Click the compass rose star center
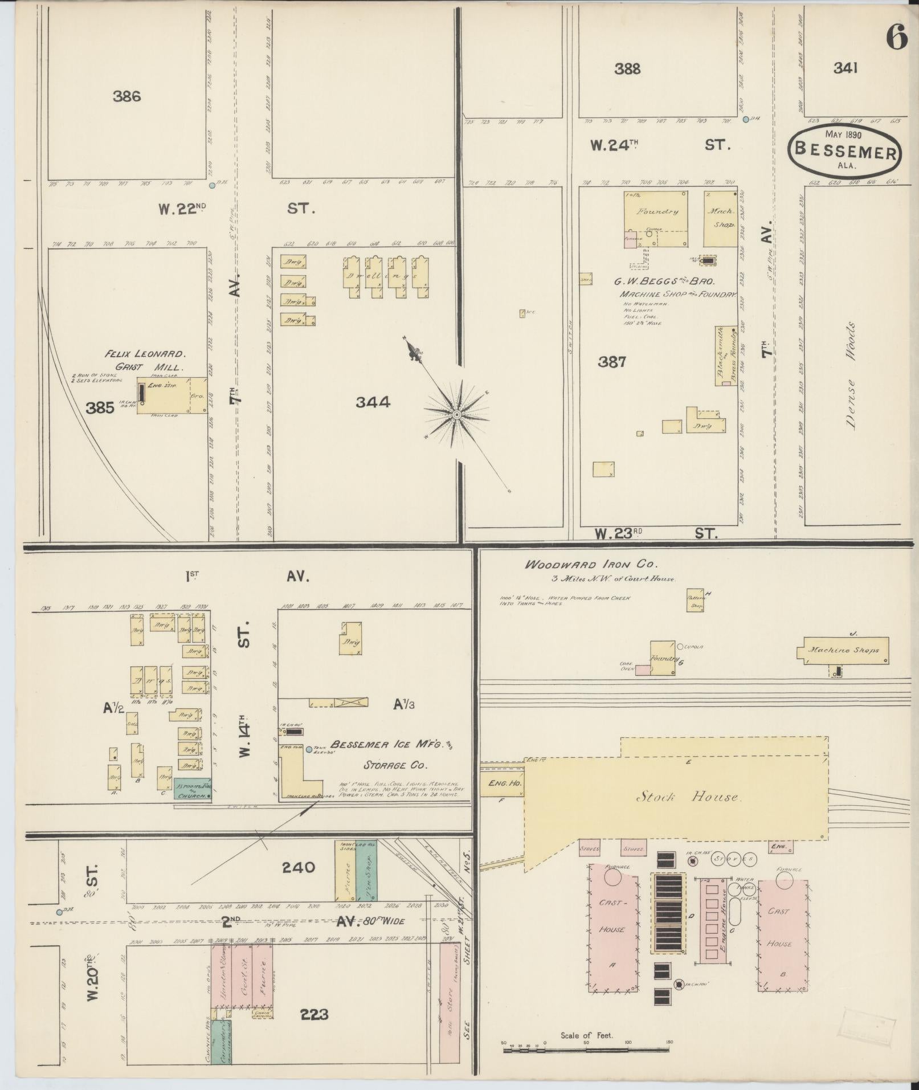pos(456,414)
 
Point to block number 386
pos(126,96)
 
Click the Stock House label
pos(688,797)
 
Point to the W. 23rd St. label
pos(655,534)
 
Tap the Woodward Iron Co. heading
pos(591,565)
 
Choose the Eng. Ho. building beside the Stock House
pos(501,784)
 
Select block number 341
pos(846,68)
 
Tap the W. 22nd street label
pos(182,209)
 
